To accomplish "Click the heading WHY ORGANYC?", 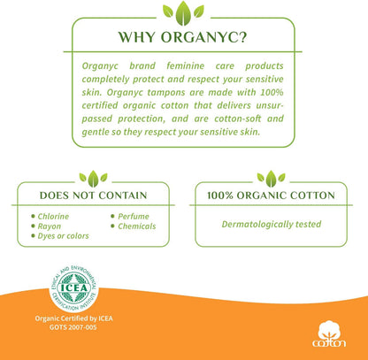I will (x=184, y=38).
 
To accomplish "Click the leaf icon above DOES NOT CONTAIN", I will (x=93, y=177).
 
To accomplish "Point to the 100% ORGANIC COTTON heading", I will (x=271, y=194).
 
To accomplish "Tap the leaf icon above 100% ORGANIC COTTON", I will (x=271, y=177).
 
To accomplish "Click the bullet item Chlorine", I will (x=54, y=216).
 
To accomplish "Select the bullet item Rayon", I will (x=50, y=226).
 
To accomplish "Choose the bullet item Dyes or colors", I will (x=64, y=237).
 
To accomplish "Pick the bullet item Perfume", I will (x=133, y=216).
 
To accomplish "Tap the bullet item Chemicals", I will (x=136, y=226).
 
